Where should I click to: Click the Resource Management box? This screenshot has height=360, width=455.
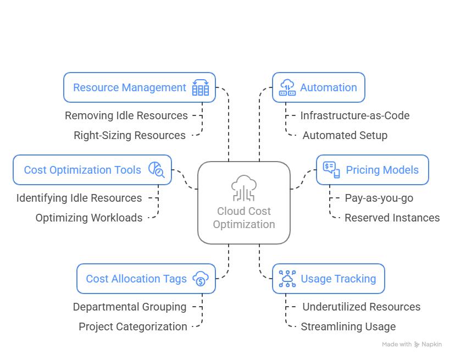click(x=139, y=87)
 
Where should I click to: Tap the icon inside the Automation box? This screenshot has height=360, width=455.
click(x=287, y=87)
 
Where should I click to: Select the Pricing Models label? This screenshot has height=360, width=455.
click(x=382, y=170)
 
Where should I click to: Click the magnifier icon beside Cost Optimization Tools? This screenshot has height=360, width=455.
click(x=156, y=170)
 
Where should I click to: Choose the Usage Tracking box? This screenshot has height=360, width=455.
click(x=328, y=279)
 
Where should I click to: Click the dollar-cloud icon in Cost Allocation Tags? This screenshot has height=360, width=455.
click(x=201, y=279)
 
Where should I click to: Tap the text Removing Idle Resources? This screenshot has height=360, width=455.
click(x=126, y=115)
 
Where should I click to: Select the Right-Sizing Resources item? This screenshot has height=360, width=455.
click(x=130, y=135)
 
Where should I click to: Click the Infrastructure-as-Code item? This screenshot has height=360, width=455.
click(x=354, y=115)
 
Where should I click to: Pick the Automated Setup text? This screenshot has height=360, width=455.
click(x=345, y=135)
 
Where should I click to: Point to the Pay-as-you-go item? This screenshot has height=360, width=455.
click(x=379, y=198)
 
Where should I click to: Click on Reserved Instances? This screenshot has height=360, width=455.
click(x=392, y=218)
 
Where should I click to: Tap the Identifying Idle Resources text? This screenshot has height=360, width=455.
click(x=79, y=198)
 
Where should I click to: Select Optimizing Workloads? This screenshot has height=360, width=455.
click(x=89, y=218)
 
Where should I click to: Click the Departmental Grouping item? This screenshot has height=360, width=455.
click(x=130, y=307)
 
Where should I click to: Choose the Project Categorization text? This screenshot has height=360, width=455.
click(x=133, y=326)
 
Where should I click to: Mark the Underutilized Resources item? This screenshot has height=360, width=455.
click(x=361, y=307)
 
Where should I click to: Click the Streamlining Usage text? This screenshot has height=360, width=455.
click(x=348, y=326)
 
